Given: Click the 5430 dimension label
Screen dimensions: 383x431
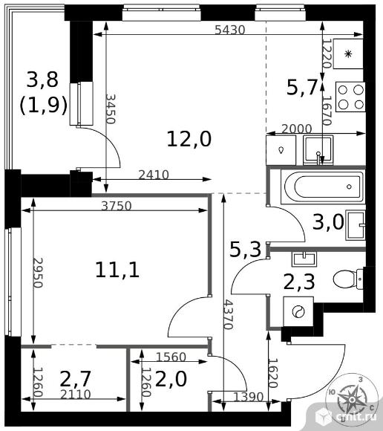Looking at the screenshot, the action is pos(229,30).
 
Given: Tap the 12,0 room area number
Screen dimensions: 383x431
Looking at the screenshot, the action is pos(189,139).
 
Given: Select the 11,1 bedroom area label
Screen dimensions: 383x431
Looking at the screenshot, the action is pos(117,270).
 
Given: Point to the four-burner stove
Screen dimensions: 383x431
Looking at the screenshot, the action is pos(350,97).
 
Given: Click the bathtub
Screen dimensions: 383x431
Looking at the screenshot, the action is pos(324,187).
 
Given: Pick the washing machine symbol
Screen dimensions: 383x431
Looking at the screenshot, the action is pos(298,312).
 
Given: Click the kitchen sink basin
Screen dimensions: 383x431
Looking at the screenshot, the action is pos(318,150).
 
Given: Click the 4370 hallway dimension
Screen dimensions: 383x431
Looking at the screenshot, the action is pos(229,314).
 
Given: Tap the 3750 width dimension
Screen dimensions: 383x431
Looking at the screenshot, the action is pos(117,206).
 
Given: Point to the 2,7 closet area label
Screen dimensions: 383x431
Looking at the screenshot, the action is pos(75,379).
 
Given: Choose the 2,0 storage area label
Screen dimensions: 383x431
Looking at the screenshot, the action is pos(171,379).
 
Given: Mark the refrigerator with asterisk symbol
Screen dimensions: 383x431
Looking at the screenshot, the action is pos(348,54).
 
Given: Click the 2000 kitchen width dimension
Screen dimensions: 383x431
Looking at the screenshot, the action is pos(297,129).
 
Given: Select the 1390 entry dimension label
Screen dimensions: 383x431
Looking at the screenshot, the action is pos(249,397).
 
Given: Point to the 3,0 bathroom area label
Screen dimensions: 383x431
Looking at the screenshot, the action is pos(328,222).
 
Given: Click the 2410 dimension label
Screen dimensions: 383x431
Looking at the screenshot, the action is pos(154,175).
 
